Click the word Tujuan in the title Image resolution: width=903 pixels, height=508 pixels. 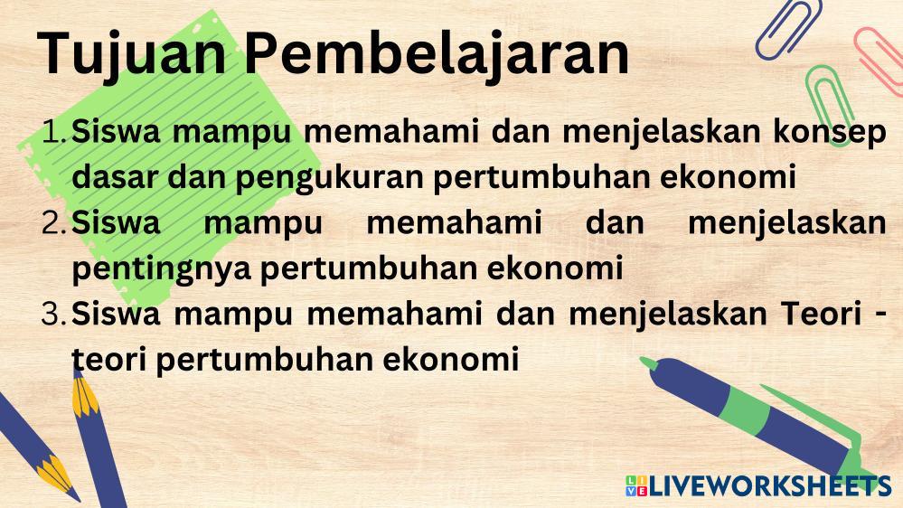pos(132,53)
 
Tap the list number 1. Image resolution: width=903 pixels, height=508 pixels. pos(55,131)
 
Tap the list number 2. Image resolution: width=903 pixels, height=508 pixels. pos(55,223)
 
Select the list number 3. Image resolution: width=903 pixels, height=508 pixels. pos(55,315)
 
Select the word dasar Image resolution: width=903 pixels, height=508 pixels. pos(114,177)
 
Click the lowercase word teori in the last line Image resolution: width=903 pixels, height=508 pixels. pos(108,360)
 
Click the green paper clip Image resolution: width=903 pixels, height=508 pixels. pos(830,104)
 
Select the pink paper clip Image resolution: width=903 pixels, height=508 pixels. pos(879,61)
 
